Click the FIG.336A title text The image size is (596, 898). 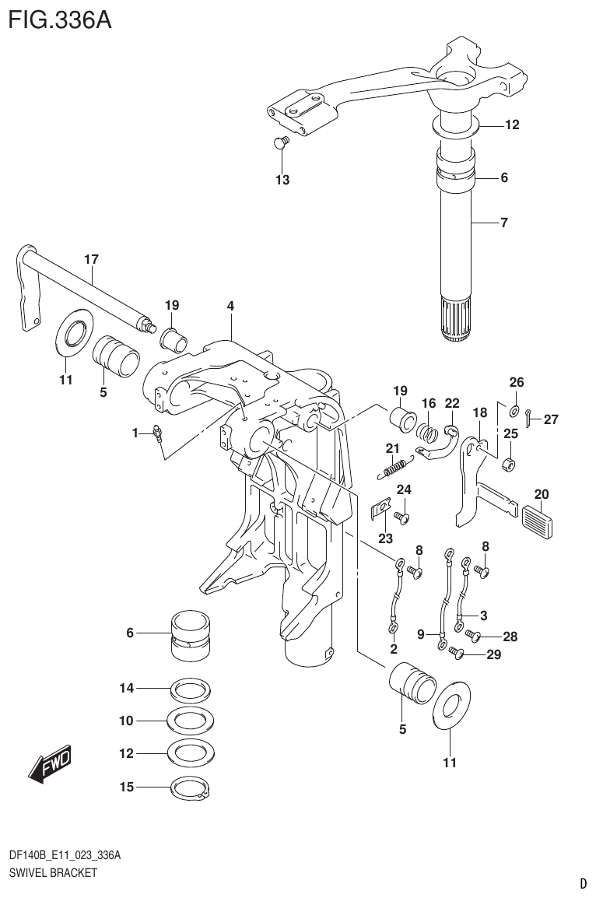[x=59, y=18]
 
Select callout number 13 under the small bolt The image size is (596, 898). [x=282, y=181]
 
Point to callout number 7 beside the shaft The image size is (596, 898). [x=503, y=223]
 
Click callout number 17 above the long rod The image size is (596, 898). [x=91, y=258]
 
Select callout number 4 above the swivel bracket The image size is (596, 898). [x=230, y=307]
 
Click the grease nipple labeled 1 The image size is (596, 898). [x=158, y=432]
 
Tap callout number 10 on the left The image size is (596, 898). [x=127, y=721]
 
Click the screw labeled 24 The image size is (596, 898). [x=401, y=515]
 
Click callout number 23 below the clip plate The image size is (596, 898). [x=386, y=538]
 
